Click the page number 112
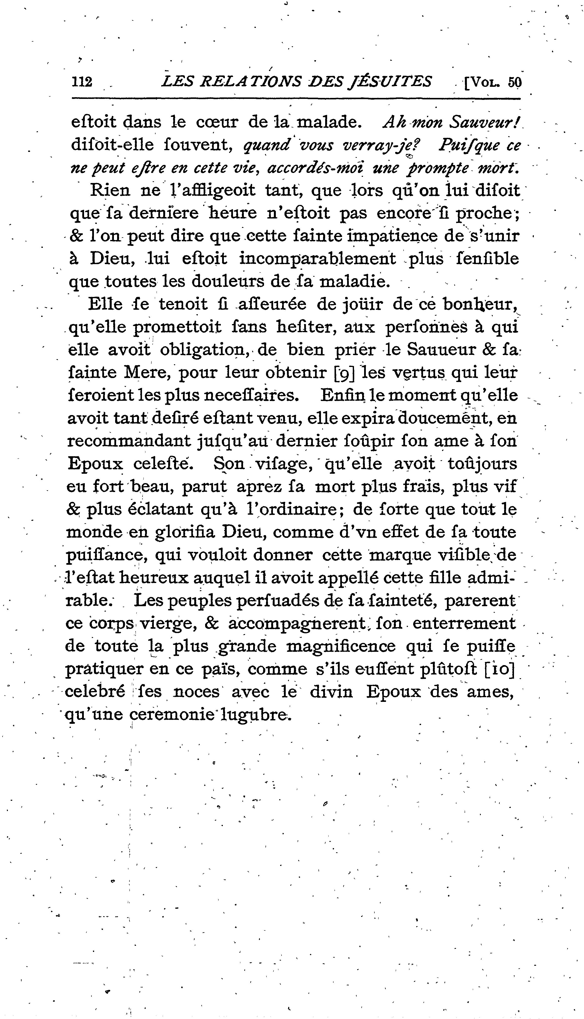[x=82, y=82]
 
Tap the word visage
[x=284, y=464]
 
